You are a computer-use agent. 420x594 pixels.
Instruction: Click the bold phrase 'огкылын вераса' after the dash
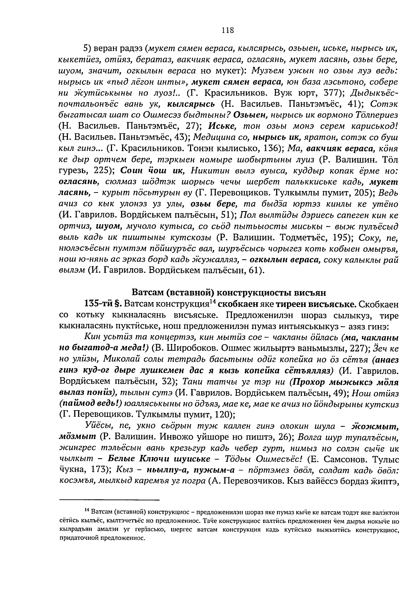(x=289, y=260)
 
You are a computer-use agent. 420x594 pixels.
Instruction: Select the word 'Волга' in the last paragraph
(x=312, y=437)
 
